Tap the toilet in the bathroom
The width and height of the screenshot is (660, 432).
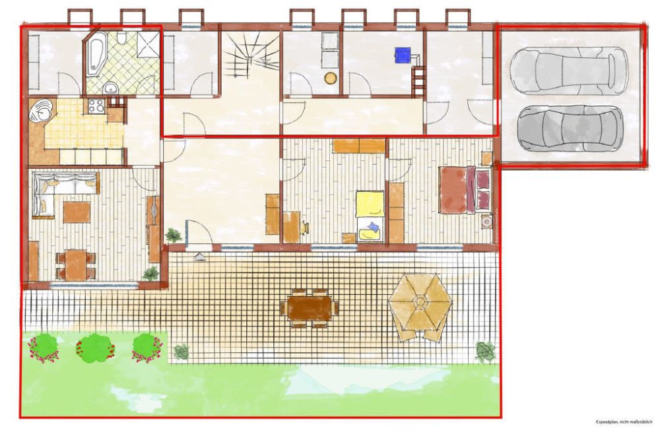[x=121, y=38]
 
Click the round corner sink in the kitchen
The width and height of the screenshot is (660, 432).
[x=40, y=109]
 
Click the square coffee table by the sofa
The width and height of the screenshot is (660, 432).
[x=77, y=212]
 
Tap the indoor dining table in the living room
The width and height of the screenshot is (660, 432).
[x=76, y=264]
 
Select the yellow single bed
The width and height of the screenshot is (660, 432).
[x=370, y=216]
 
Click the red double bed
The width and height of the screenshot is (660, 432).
[x=465, y=190]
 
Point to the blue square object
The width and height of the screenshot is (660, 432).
[x=403, y=55]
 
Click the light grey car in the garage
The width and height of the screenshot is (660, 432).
[x=568, y=71]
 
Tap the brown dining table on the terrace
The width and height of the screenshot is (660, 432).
[x=310, y=308]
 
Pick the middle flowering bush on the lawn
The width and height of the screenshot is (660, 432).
[x=96, y=348]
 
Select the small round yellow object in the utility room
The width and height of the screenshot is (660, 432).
[x=331, y=78]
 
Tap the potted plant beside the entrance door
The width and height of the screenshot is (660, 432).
[x=174, y=235]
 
